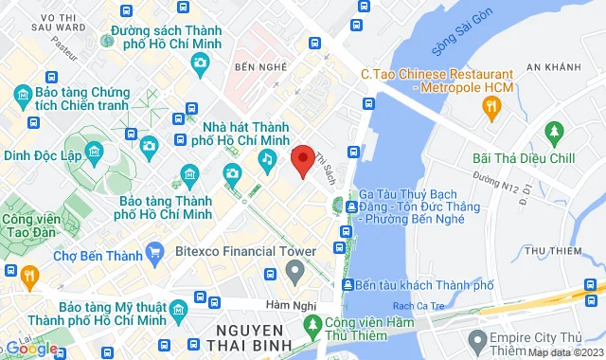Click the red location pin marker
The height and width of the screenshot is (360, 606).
coord(302,161)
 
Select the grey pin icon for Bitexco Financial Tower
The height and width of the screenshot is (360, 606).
coord(294,274)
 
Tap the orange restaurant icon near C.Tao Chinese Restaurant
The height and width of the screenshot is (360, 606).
coord(490,106)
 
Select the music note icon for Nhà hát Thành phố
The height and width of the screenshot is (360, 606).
coord(268,163)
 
